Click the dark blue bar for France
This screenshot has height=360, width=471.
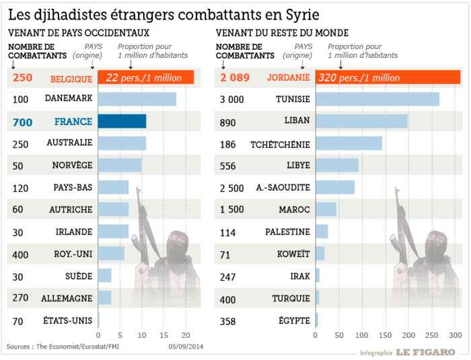[x=122, y=121]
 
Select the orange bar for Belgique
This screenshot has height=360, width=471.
[x=146, y=78]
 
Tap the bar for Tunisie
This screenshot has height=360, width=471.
[x=377, y=100]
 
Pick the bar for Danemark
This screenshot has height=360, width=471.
[x=137, y=100]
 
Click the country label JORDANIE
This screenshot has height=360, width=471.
[x=289, y=78]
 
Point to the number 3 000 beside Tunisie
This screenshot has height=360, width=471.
[x=231, y=100]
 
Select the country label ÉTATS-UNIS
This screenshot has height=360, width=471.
[x=68, y=320]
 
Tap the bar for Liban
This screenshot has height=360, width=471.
[x=361, y=121]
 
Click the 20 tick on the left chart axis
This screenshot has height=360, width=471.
[x=186, y=334]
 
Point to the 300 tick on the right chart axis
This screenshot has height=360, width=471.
[x=455, y=334]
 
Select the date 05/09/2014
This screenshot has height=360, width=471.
[x=186, y=347]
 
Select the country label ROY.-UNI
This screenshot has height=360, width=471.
[x=73, y=254]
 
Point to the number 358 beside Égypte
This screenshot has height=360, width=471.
[x=227, y=321]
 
